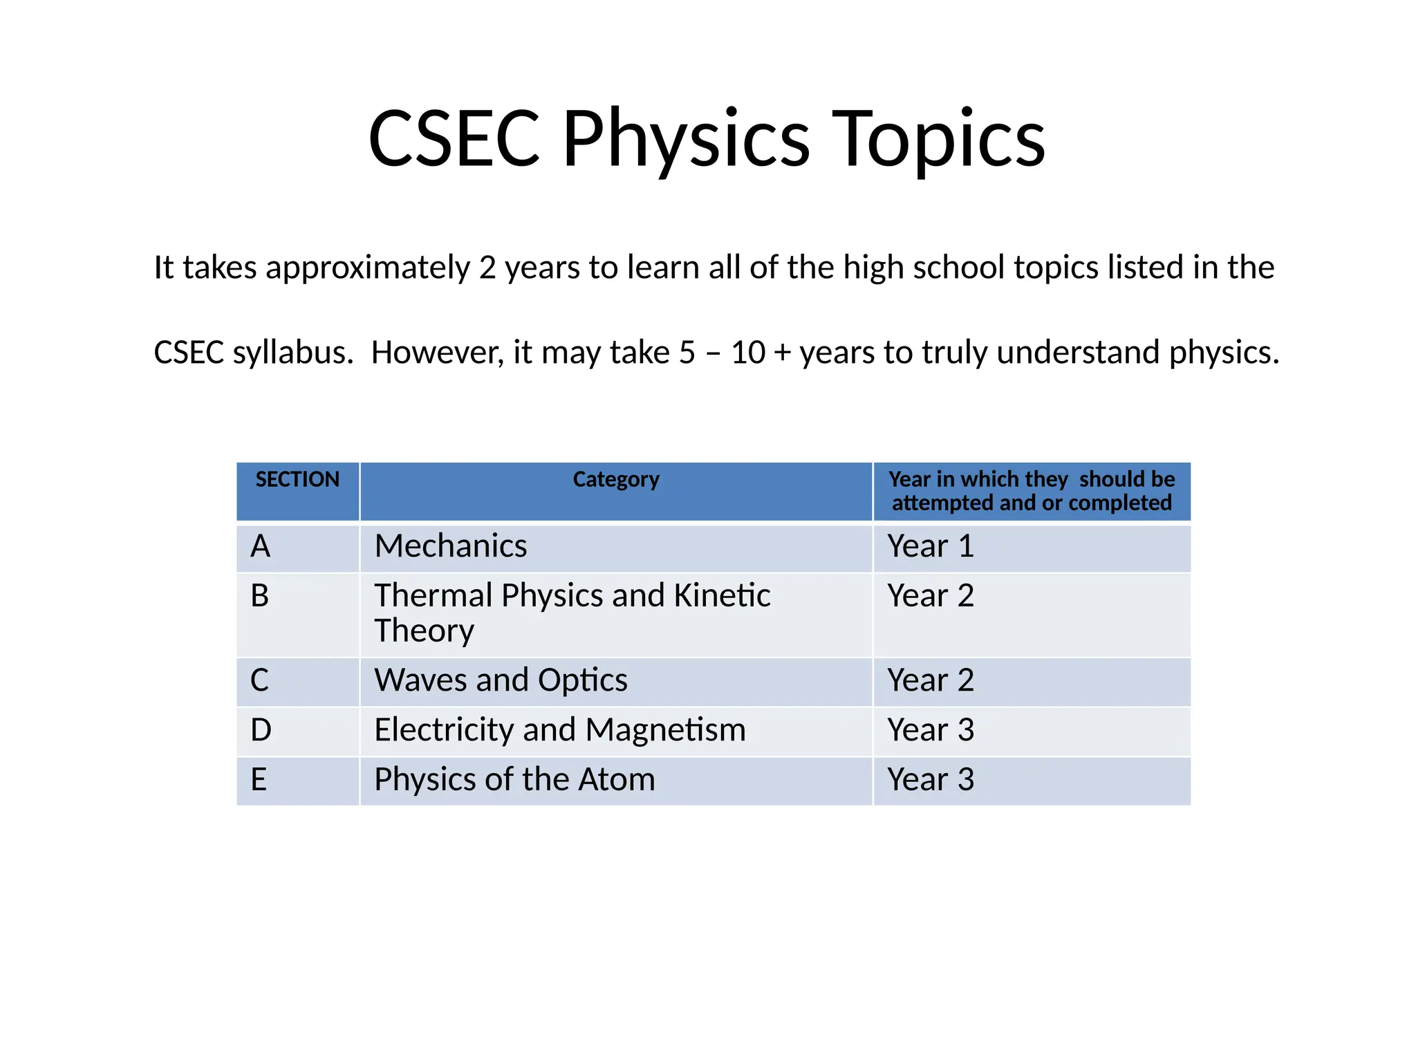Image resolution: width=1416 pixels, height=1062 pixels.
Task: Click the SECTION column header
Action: [297, 479]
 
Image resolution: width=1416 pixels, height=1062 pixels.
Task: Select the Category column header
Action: [615, 479]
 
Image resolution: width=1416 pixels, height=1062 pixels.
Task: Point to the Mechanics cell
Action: [450, 546]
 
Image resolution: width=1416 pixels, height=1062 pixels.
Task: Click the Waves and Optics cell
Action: [501, 680]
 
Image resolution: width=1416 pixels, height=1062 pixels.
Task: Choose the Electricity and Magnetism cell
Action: [560, 730]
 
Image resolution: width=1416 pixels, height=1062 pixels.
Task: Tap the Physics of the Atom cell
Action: [514, 780]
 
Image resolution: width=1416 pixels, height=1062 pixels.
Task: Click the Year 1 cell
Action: [931, 546]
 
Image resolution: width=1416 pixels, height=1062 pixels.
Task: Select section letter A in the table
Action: [261, 546]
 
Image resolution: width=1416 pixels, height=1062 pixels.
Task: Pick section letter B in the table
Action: [260, 596]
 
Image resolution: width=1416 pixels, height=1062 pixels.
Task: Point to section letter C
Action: [260, 680]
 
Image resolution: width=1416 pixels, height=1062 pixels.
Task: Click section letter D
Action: [261, 730]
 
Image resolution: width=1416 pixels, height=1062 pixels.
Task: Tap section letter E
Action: [259, 780]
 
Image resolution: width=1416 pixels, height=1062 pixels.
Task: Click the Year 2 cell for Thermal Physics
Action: [931, 596]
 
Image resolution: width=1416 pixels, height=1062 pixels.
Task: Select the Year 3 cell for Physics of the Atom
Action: [931, 780]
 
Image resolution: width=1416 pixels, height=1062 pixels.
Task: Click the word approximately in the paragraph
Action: [367, 268]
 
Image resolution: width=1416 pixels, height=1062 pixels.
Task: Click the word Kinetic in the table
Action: [721, 596]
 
